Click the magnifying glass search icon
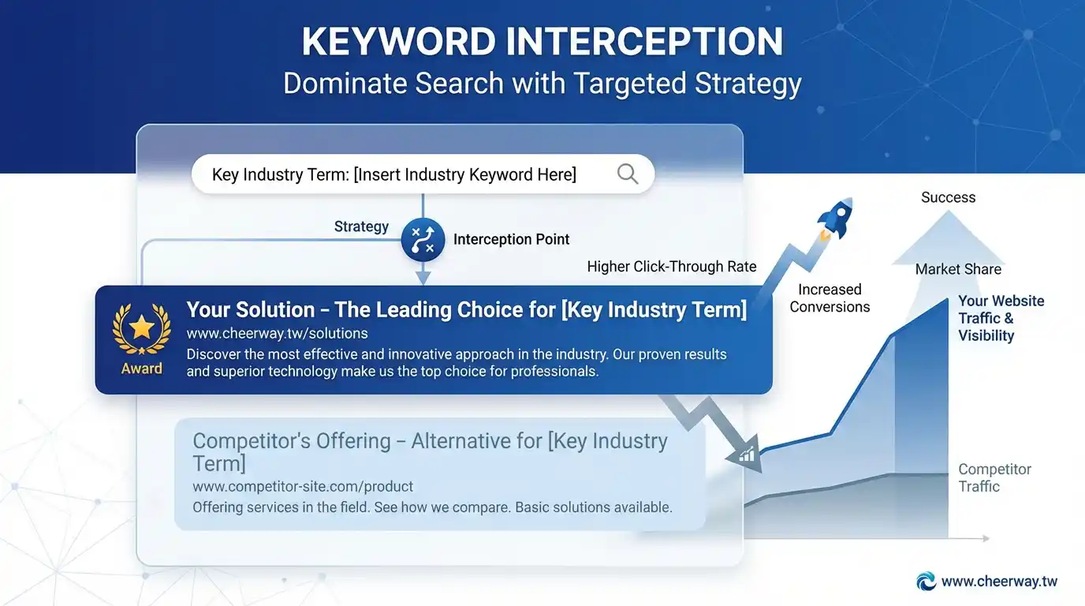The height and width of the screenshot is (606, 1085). click(628, 174)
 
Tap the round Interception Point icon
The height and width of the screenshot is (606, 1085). click(423, 240)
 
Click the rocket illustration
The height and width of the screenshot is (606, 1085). click(835, 219)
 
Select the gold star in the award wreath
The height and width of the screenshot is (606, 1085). click(141, 327)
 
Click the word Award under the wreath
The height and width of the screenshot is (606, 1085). click(141, 368)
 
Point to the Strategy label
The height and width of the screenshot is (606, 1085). click(361, 226)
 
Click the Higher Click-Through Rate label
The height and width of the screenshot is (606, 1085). click(672, 267)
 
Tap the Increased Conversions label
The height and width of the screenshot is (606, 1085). click(830, 298)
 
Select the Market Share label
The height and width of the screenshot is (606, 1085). click(958, 269)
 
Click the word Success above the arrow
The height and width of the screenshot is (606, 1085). click(949, 197)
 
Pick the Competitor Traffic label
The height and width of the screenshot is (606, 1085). click(994, 477)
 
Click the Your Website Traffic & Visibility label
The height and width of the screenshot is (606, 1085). click(1001, 318)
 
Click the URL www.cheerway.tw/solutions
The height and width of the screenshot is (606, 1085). click(277, 334)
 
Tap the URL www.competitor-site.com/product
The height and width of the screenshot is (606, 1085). click(303, 486)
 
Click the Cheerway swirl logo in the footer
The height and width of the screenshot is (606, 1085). click(927, 582)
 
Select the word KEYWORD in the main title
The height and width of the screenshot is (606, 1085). click(399, 42)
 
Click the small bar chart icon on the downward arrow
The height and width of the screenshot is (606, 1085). click(747, 454)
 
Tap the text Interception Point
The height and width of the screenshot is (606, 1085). click(511, 240)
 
